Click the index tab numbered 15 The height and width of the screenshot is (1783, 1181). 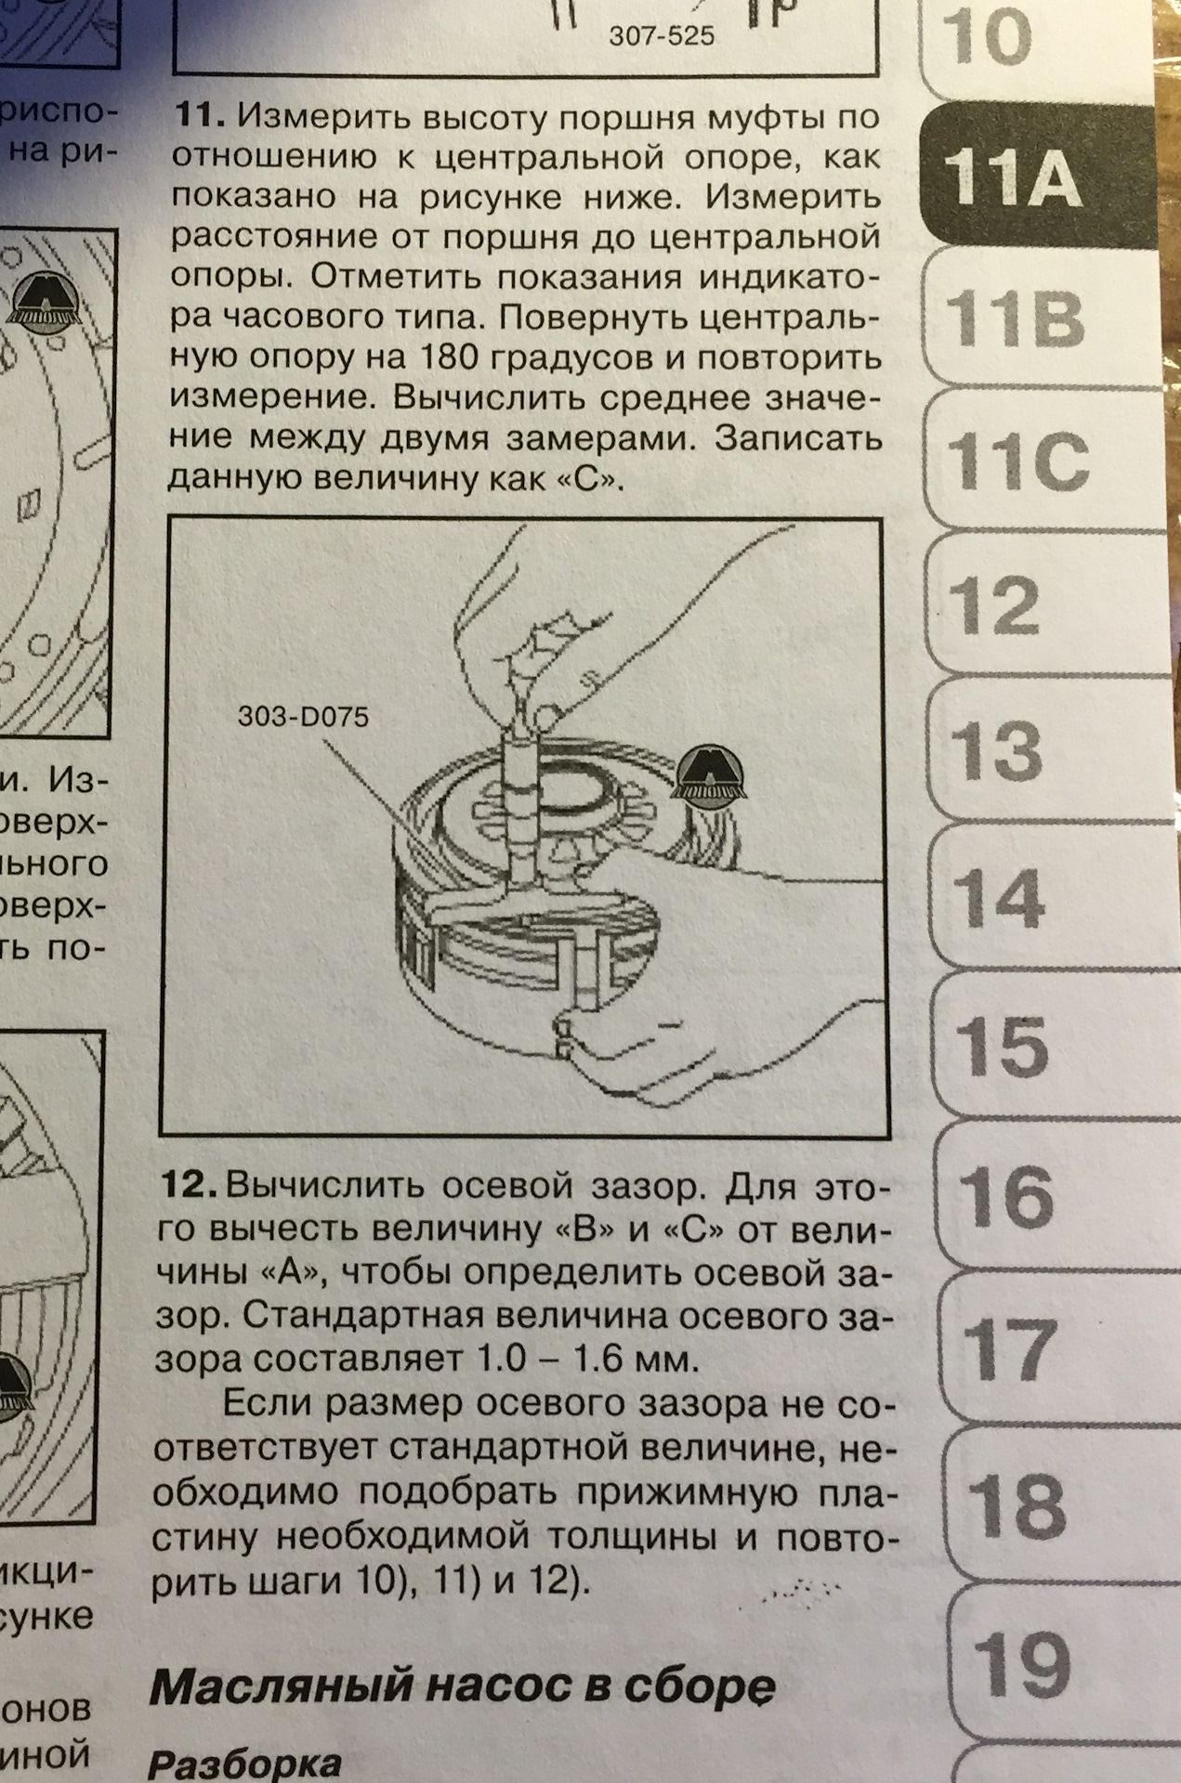point(1004,1045)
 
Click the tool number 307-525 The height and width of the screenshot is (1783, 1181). point(661,36)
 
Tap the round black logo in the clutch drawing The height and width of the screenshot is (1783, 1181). point(703,772)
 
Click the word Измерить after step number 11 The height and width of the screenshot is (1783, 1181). point(326,118)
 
